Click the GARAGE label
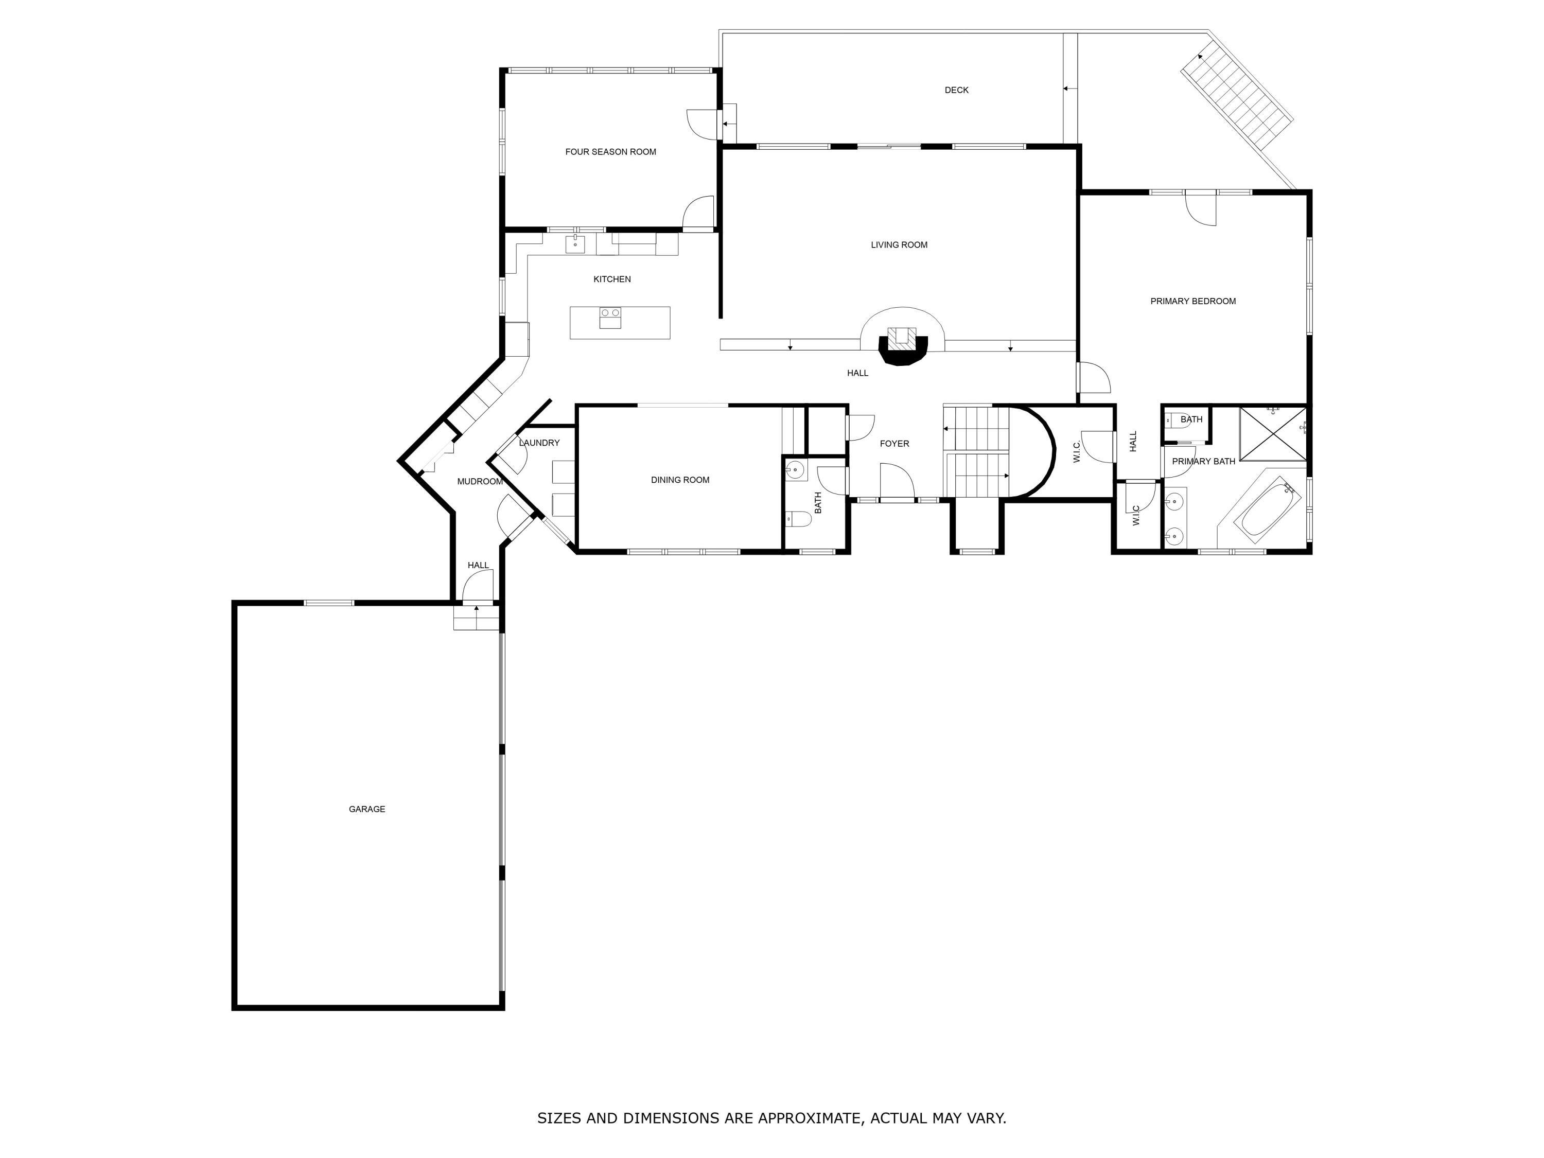[366, 809]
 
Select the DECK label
[956, 90]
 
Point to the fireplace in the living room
[903, 345]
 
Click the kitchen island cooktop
[610, 318]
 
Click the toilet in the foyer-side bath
[798, 519]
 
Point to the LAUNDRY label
[539, 443]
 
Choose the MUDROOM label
[480, 482]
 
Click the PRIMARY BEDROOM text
[1193, 302]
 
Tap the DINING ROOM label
[680, 480]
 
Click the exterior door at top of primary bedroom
[1201, 207]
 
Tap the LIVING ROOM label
[899, 245]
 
